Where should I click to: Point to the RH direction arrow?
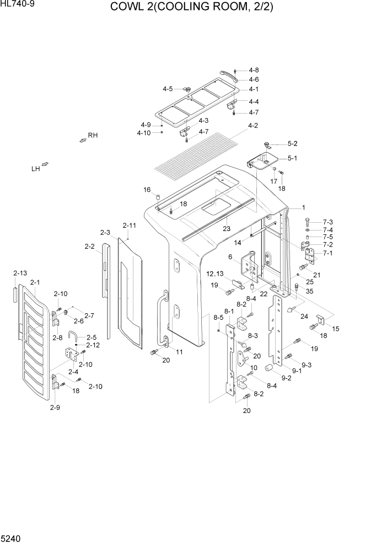[x=83, y=141]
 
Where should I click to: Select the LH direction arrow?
[x=45, y=164]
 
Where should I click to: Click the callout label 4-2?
[x=253, y=126]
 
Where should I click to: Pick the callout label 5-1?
[x=292, y=158]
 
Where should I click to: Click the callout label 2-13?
[x=20, y=273]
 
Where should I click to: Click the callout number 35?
[x=309, y=291]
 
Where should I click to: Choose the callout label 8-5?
[x=218, y=318]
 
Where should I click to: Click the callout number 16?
[x=147, y=190]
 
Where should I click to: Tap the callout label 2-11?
[x=130, y=226]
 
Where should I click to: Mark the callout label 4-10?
[x=143, y=133]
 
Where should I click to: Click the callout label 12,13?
[x=215, y=274]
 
